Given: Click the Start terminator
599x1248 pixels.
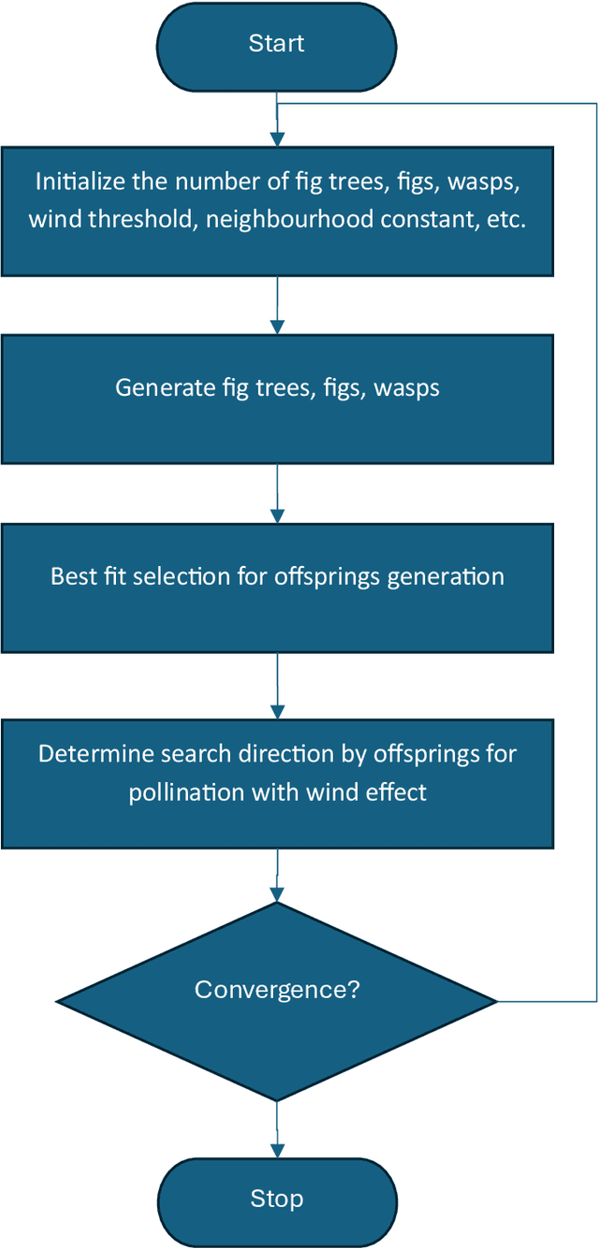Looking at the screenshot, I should click(276, 43).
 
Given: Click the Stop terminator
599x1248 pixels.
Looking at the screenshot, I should click(276, 1197).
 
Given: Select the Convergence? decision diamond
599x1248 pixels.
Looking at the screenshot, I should click(276, 1001).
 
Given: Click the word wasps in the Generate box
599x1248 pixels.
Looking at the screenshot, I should click(406, 387).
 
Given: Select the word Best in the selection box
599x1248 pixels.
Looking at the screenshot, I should click(71, 576).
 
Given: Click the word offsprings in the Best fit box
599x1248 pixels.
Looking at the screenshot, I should click(321, 576).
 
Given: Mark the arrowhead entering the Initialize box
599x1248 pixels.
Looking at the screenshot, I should click(277, 139).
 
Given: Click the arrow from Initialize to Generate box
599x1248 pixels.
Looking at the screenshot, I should click(277, 305).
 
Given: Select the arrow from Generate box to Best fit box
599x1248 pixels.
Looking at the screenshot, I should click(277, 494).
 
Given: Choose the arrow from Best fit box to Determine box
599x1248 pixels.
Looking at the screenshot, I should click(277, 685).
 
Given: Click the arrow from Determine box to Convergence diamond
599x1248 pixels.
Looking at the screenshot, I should click(277, 875).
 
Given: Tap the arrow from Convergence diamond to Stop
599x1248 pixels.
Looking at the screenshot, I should click(277, 1130).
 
